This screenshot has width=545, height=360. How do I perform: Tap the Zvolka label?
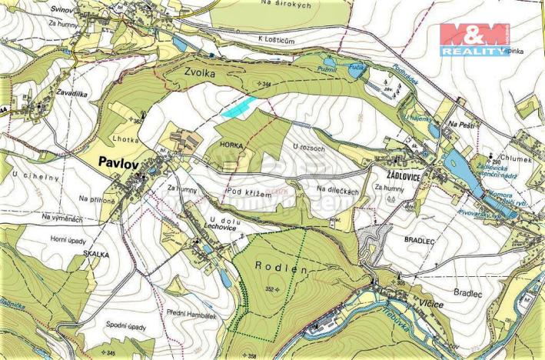click(x=200, y=72)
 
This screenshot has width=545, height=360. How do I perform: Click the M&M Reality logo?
click(x=474, y=39)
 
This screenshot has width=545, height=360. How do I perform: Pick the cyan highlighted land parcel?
click(x=238, y=107)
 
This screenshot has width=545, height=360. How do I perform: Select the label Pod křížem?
click(x=250, y=194)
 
